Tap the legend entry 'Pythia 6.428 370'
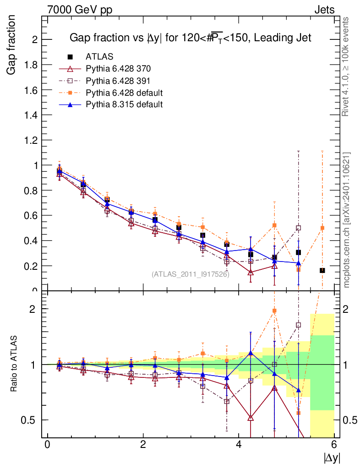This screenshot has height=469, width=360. pyautogui.click(x=118, y=69)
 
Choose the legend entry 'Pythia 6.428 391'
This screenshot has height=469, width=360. pyautogui.click(x=118, y=81)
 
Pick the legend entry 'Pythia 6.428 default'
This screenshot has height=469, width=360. pyautogui.click(x=124, y=93)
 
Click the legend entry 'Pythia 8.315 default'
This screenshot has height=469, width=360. pyautogui.click(x=124, y=104)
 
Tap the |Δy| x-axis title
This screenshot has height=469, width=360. pyautogui.click(x=332, y=458)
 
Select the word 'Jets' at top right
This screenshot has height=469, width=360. pyautogui.click(x=324, y=10)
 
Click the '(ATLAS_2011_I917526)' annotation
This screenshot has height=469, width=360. pyautogui.click(x=190, y=274)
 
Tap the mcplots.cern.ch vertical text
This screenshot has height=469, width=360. pyautogui.click(x=347, y=220)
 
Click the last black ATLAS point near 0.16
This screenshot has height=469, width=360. pyautogui.click(x=322, y=270)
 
